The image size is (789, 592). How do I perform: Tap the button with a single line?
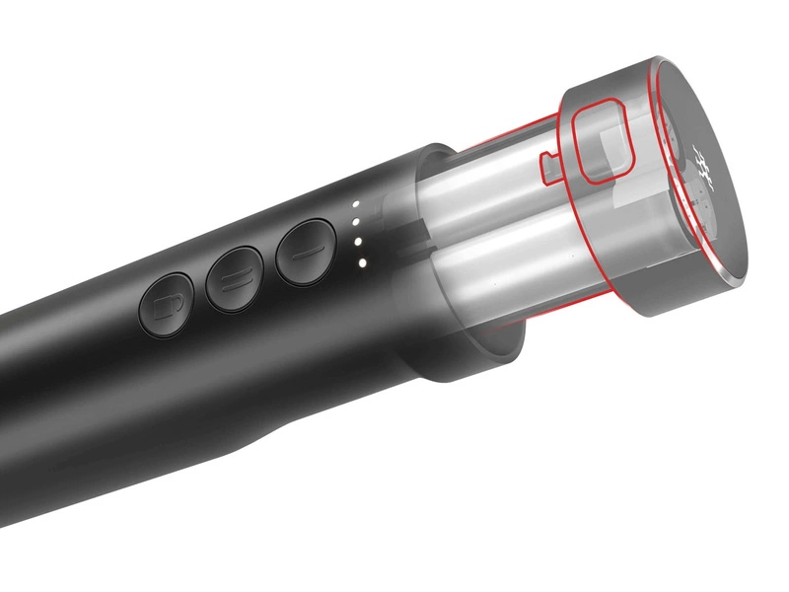click(304, 252)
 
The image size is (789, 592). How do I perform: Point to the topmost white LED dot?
click(357, 204)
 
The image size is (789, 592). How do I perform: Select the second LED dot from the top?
click(359, 224)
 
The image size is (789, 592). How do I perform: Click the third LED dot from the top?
click(360, 243)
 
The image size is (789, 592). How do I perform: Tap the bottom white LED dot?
click(362, 262)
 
